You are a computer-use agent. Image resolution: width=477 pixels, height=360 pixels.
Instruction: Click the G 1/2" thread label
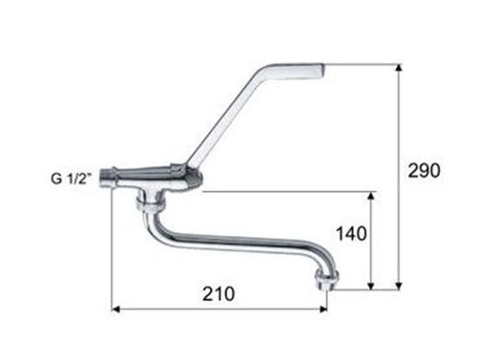point(73,177)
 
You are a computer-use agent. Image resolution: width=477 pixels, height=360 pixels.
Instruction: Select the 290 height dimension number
point(423,171)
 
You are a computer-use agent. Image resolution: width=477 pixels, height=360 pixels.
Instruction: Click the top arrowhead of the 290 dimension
point(399,69)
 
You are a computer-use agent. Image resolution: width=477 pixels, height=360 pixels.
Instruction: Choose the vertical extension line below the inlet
point(113,248)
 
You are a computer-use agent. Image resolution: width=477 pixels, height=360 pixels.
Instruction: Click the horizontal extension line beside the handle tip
point(363,64)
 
